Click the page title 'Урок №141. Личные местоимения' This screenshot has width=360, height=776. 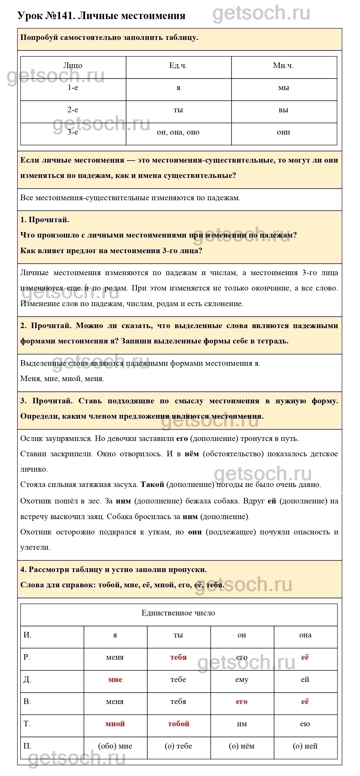point(102,16)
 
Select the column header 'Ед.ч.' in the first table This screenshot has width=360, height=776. point(178,66)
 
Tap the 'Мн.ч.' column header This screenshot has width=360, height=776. point(283,66)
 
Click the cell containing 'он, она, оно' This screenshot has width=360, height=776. point(178,132)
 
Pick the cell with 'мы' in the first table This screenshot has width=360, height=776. point(284,88)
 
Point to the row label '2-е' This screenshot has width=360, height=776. point(73,110)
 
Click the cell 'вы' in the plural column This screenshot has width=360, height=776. point(284,110)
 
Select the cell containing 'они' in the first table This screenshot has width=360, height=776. point(284,132)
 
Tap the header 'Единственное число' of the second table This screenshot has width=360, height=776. point(178,613)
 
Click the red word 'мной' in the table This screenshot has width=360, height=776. point(115,724)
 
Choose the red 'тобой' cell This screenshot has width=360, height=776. point(179,724)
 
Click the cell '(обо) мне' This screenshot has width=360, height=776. point(115,746)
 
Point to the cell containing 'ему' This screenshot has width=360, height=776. point(242,680)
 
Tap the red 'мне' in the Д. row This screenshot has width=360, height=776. point(115,680)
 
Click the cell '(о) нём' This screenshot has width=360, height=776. point(242,746)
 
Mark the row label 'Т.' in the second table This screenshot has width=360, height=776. point(27,724)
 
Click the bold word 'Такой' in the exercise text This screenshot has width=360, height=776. point(153,485)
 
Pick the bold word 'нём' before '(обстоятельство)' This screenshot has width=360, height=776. point(192,454)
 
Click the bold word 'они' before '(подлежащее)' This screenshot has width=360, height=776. point(195,532)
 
